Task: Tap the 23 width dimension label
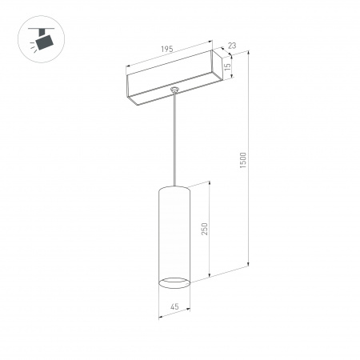[230, 47]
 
